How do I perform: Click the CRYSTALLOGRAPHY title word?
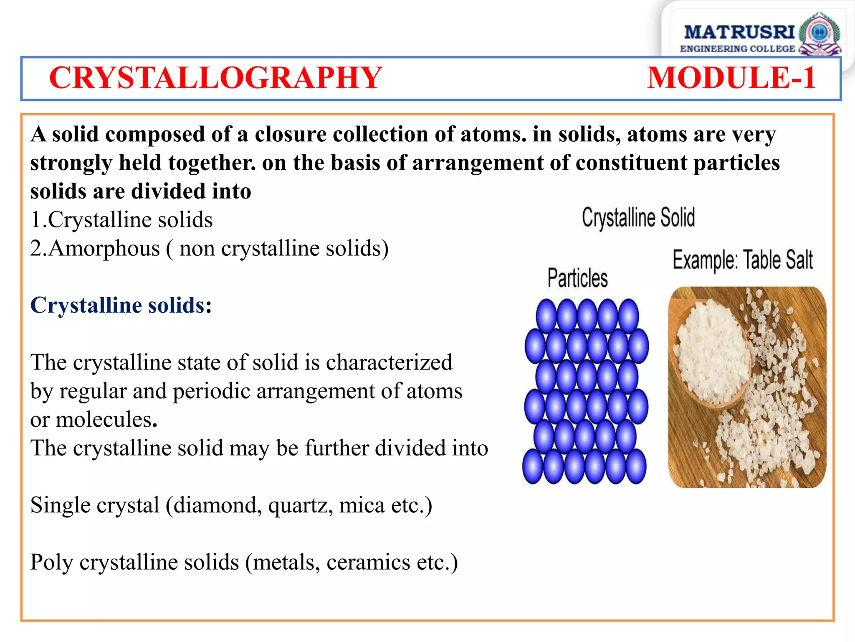pos(215,78)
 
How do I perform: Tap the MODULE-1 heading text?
pos(731,78)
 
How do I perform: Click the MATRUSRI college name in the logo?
pos(739,32)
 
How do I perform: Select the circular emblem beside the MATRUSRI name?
pos(819,33)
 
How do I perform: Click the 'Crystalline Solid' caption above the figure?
pos(638,218)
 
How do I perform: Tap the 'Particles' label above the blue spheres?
pos(577,278)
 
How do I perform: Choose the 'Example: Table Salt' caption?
pos(743,260)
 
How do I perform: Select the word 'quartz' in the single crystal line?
pos(300,505)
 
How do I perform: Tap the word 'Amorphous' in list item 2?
pos(104,249)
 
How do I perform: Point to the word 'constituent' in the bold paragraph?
pos(631,163)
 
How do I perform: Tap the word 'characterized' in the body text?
pos(389,363)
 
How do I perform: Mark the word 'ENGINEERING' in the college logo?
pos(713,49)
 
